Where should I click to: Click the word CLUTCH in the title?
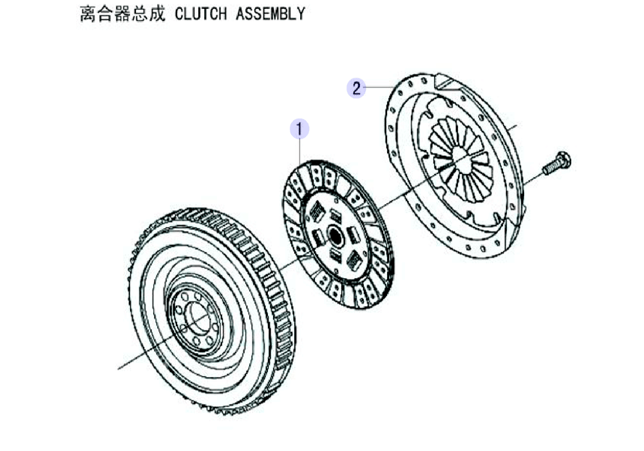pos(200,14)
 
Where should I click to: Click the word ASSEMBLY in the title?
pos(270,14)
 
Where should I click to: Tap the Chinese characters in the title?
pos(122,14)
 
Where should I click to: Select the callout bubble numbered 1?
pos(299,129)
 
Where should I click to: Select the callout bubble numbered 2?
pos(356,88)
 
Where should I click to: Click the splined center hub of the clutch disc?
pos(336,236)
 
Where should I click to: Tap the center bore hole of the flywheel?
pos(199,317)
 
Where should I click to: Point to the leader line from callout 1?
pos(300,151)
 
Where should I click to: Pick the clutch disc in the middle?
pos(337,234)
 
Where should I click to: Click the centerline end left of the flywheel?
pos(118,369)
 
